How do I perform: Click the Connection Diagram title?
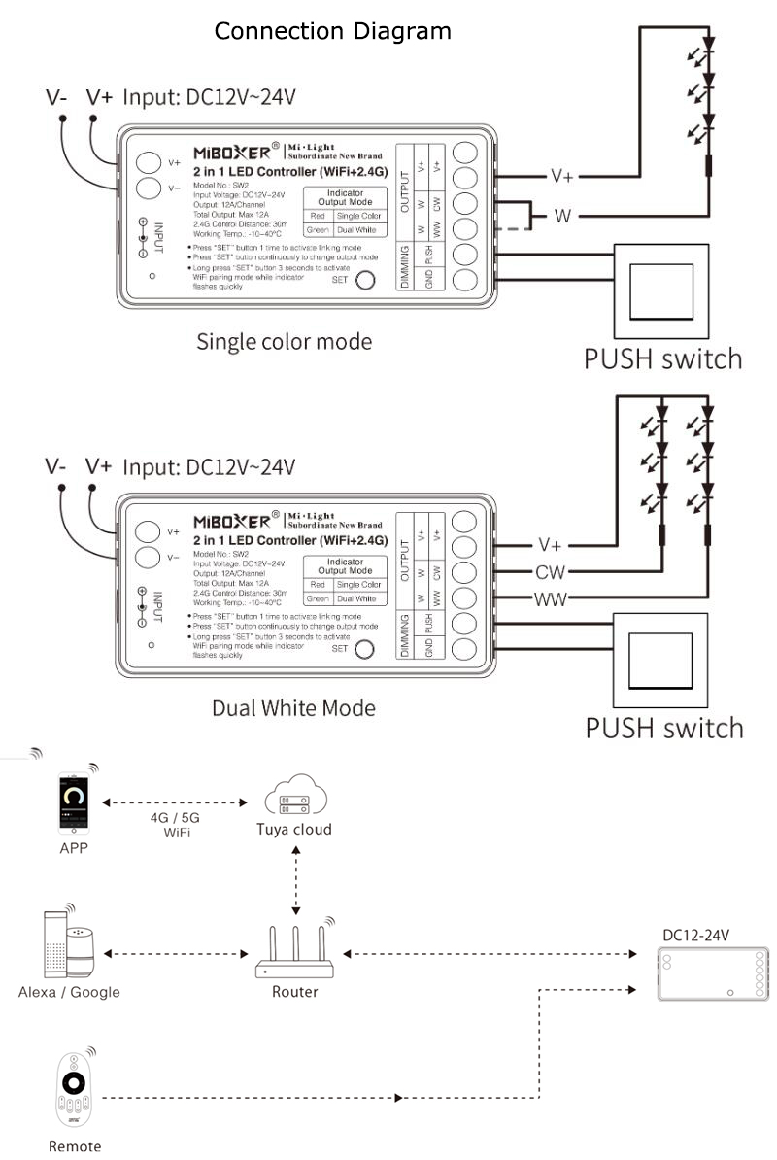click(x=332, y=31)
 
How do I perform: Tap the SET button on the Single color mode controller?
click(x=366, y=281)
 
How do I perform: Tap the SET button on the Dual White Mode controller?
click(x=364, y=649)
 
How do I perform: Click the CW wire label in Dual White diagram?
click(x=551, y=571)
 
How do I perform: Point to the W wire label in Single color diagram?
click(x=562, y=217)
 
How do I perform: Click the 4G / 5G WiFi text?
click(x=176, y=825)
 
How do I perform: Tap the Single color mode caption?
click(x=284, y=342)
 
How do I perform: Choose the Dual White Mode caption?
click(x=293, y=708)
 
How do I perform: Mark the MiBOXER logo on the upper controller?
click(x=235, y=153)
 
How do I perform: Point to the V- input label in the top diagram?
click(x=56, y=97)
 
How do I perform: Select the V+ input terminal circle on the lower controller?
click(x=147, y=530)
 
